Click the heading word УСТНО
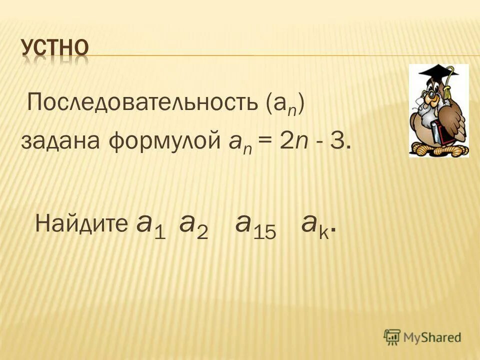(55, 49)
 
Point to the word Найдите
(81, 224)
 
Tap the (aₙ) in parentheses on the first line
(285, 104)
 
